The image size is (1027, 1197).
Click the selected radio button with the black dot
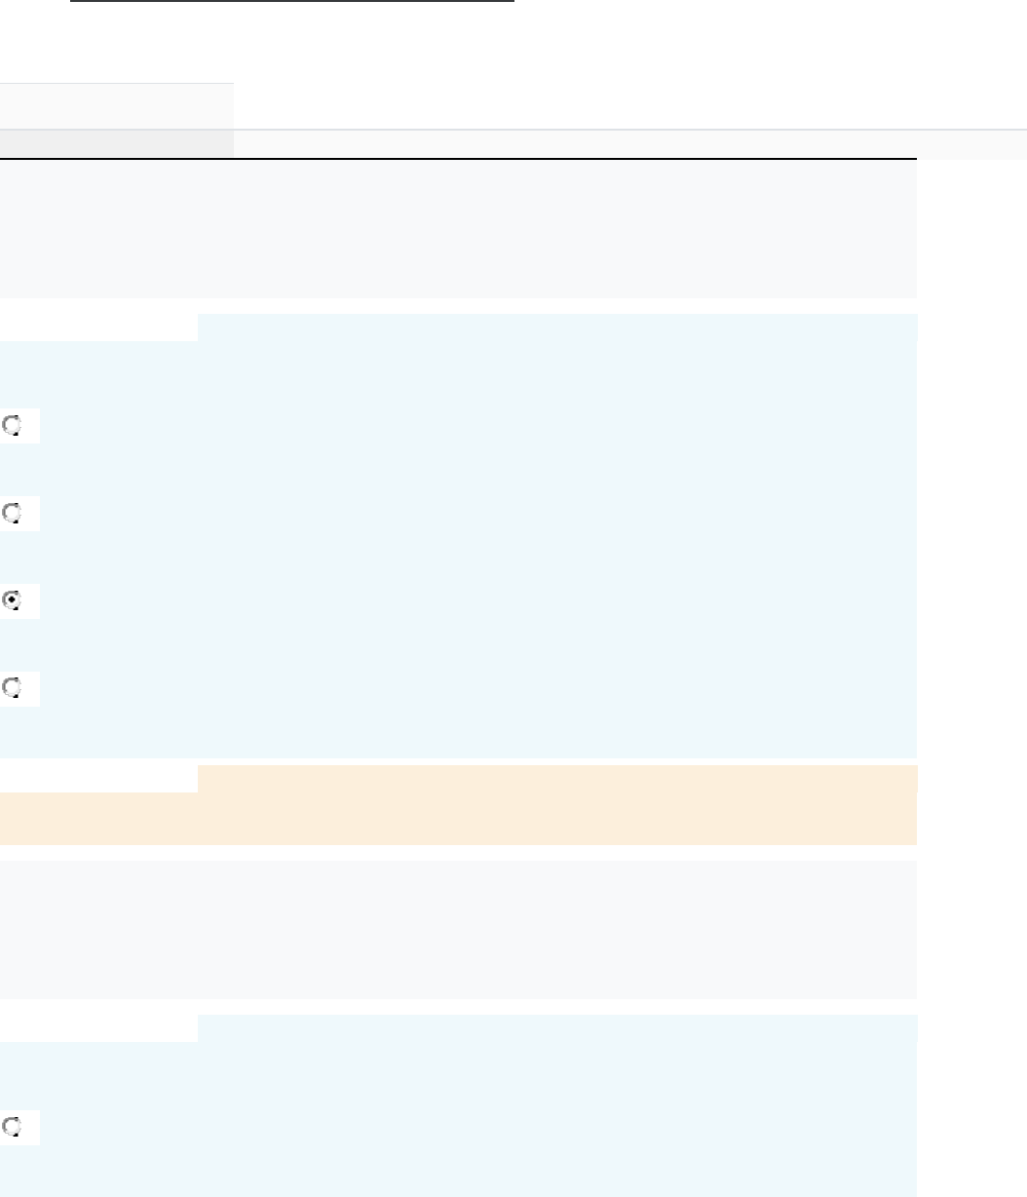pos(13,600)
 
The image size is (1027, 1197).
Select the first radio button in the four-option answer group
pos(13,425)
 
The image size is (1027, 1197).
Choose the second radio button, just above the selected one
pos(13,513)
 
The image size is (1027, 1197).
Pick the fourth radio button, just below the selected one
pos(13,688)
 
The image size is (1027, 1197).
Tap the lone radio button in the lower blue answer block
pos(13,1127)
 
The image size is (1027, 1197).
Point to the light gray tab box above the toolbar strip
pos(117,105)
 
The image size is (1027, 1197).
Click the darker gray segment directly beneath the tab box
pos(117,142)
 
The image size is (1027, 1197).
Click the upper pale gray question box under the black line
pos(458,229)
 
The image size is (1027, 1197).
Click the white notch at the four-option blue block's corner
pos(98,328)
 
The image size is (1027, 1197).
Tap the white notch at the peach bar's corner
pos(98,778)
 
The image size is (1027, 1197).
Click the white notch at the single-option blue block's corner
pos(98,1027)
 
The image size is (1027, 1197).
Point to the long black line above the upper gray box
pos(458,159)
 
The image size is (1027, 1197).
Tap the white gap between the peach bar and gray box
pos(458,853)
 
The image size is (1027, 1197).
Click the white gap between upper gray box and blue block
pos(458,306)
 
